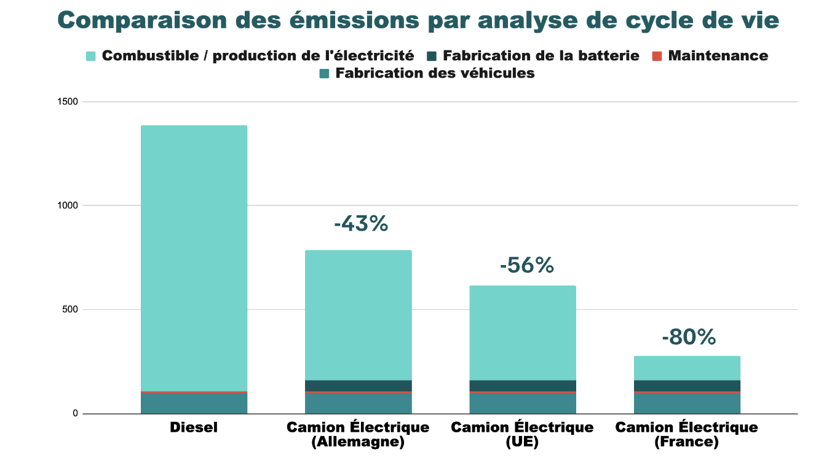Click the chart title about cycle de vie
coord(419,21)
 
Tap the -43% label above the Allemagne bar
coord(361,224)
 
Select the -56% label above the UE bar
coord(526,265)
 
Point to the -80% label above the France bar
coord(689,337)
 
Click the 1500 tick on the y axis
coord(68,101)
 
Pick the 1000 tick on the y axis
coord(68,205)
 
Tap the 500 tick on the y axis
coord(70,309)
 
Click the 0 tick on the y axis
coord(75,413)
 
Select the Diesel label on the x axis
coord(194,427)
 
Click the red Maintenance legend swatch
coord(657,56)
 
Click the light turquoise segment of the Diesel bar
coord(194,258)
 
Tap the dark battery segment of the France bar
coord(687,386)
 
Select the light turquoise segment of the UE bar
coord(523,333)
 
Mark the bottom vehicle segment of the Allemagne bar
coord(359,403)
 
